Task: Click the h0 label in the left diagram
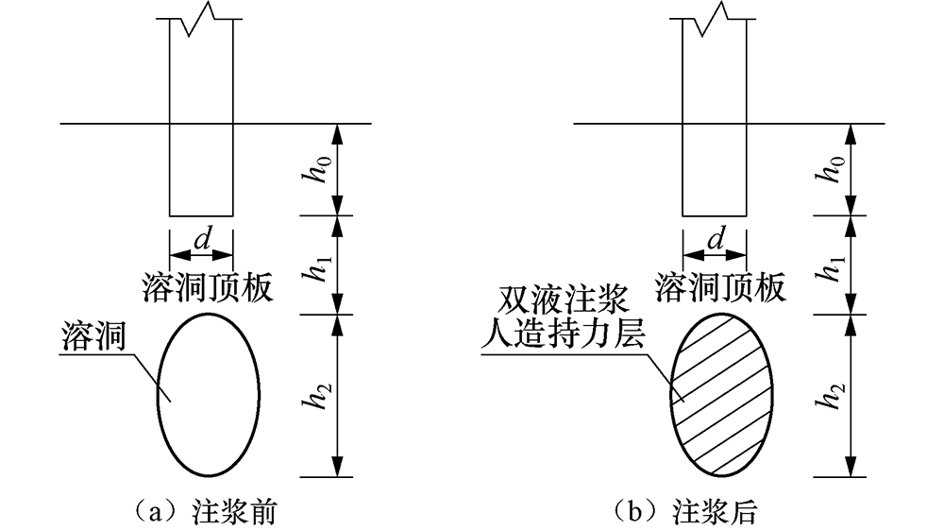tap(323, 170)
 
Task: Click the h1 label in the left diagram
tap(323, 265)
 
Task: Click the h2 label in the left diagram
tap(323, 397)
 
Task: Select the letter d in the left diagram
tap(201, 240)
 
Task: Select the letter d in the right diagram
tap(715, 240)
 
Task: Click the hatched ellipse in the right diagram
tap(720, 397)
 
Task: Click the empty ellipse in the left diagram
tap(208, 397)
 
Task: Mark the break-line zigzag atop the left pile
tap(201, 23)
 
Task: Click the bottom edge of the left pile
tap(201, 215)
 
